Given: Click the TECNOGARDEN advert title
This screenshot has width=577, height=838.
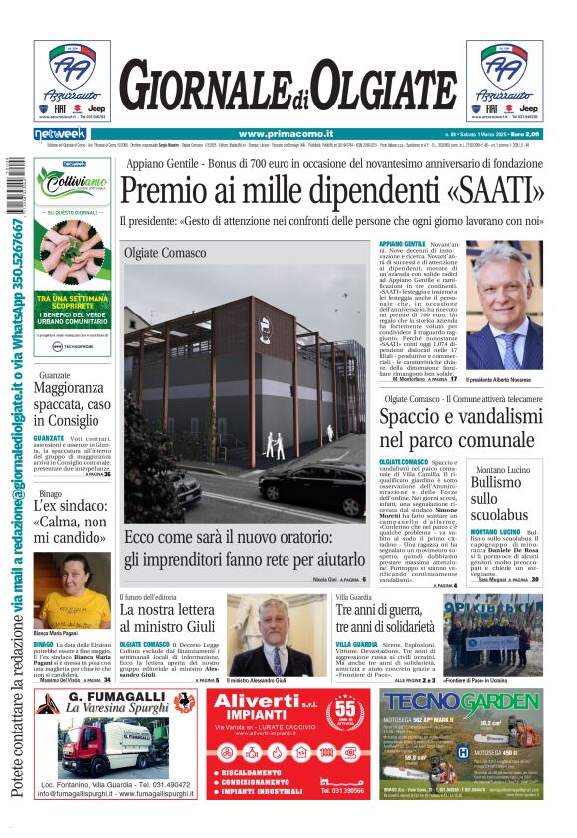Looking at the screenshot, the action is [x=459, y=703].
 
